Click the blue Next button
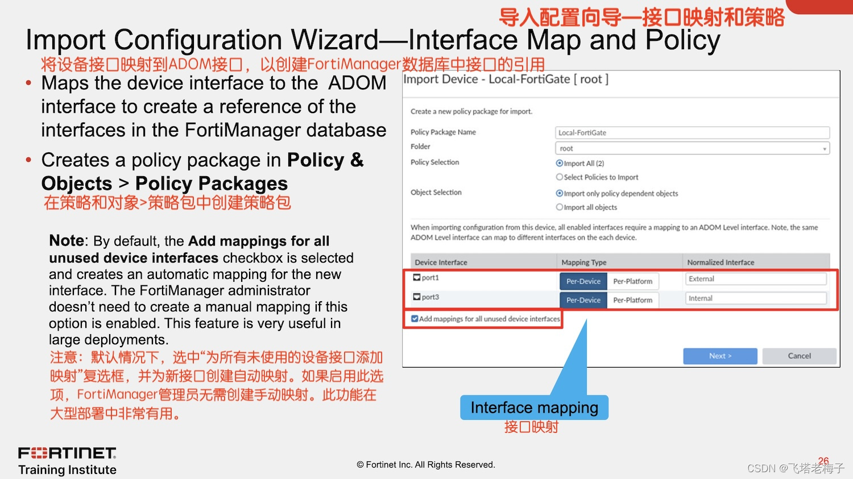point(720,356)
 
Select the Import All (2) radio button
point(560,163)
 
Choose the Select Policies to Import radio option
point(560,177)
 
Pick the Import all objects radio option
point(560,207)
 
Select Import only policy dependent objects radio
point(560,193)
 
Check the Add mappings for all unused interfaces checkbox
point(415,319)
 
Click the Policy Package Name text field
point(692,132)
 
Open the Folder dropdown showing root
point(692,148)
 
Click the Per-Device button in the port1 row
point(583,281)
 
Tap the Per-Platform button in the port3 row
point(632,300)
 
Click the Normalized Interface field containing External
point(756,279)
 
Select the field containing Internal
point(756,298)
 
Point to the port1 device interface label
point(430,278)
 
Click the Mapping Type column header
point(584,263)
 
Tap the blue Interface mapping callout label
point(534,407)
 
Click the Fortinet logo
point(67,453)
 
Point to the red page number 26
point(823,461)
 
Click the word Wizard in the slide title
point(335,40)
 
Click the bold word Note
point(67,240)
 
